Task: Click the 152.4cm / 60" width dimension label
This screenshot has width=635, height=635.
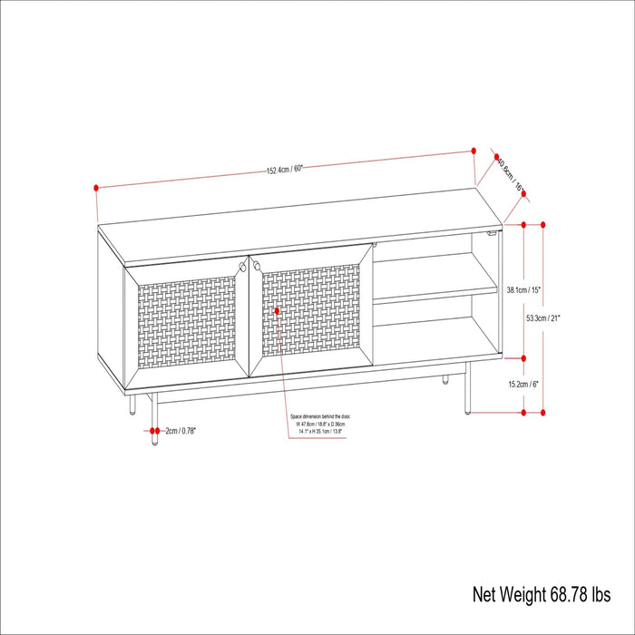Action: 284,170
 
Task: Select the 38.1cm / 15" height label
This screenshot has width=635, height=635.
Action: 523,290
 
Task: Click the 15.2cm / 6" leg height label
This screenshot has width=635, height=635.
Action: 523,384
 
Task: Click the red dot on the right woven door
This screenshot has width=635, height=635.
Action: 277,311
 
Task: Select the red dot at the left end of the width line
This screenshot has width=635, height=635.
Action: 95,188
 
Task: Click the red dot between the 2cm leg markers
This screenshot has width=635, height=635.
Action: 155,430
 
